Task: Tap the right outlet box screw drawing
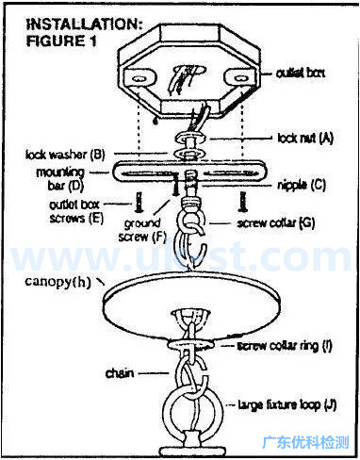coord(242,200)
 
